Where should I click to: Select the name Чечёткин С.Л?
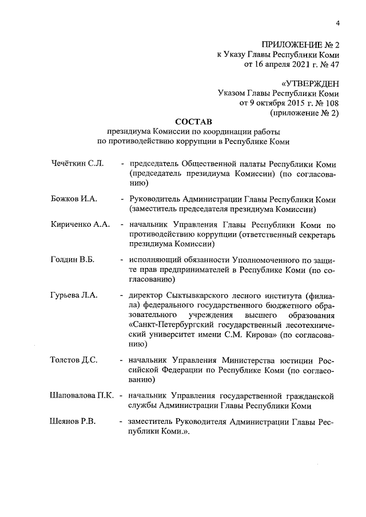[x=77, y=164]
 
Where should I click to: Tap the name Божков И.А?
[x=74, y=199]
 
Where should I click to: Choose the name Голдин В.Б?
[x=72, y=260]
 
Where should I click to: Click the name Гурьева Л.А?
[x=74, y=295]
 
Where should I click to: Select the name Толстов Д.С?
[x=74, y=360]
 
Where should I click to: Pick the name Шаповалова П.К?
[x=82, y=395]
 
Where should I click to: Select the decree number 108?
[x=332, y=103]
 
